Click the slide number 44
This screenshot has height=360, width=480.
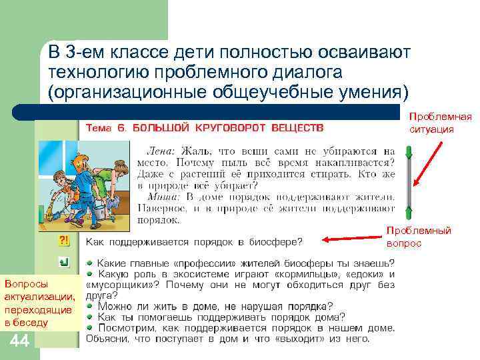19,343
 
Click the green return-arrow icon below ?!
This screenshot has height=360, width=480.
65,262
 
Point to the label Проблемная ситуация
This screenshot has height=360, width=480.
439,123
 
